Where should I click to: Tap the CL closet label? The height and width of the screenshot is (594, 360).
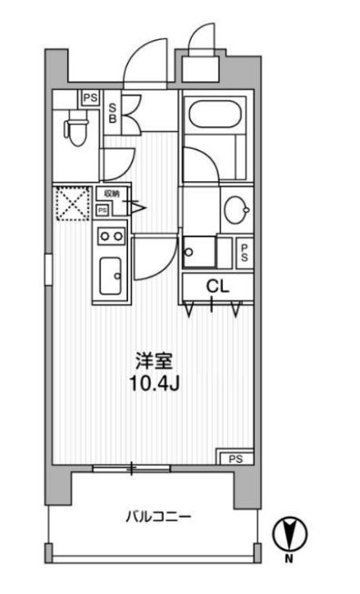click(215, 286)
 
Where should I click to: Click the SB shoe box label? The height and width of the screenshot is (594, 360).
click(113, 112)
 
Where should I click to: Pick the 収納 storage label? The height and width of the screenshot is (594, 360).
click(111, 194)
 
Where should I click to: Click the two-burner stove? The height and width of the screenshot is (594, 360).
click(111, 237)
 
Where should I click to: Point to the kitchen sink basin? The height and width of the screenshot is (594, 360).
click(112, 275)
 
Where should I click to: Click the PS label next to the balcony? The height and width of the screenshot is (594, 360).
click(235, 458)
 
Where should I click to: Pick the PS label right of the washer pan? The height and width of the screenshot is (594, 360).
click(245, 252)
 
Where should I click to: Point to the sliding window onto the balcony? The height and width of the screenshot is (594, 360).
click(132, 468)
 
